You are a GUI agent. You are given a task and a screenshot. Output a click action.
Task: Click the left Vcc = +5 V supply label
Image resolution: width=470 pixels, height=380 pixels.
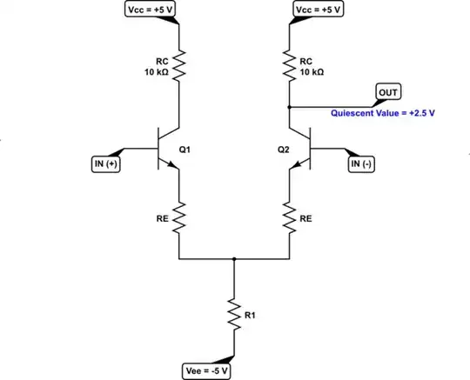click(150, 10)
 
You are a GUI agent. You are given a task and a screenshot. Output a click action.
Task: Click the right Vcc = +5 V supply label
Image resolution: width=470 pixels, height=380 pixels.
click(317, 10)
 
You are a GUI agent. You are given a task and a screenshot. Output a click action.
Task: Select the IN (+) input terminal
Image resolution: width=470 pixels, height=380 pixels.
click(106, 163)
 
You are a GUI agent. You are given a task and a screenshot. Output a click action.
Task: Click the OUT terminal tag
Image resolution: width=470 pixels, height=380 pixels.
click(386, 91)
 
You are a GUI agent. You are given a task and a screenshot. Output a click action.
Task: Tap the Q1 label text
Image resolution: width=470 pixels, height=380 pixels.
click(184, 150)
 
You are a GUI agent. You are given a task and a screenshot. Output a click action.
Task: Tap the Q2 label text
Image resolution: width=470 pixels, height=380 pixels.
click(283, 150)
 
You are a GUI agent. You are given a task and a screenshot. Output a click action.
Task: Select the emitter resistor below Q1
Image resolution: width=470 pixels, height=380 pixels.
click(178, 218)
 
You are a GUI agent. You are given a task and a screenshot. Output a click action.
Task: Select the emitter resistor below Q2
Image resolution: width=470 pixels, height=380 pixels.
click(288, 218)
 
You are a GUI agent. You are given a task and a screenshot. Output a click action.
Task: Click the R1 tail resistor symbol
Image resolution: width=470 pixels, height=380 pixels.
click(233, 316)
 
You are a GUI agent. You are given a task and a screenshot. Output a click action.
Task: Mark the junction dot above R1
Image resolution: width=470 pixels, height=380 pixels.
click(233, 258)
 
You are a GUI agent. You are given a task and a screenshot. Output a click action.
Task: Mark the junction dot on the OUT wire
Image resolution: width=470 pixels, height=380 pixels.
click(288, 106)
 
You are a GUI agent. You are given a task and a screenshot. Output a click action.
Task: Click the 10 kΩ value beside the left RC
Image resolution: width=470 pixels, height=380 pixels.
click(157, 72)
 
